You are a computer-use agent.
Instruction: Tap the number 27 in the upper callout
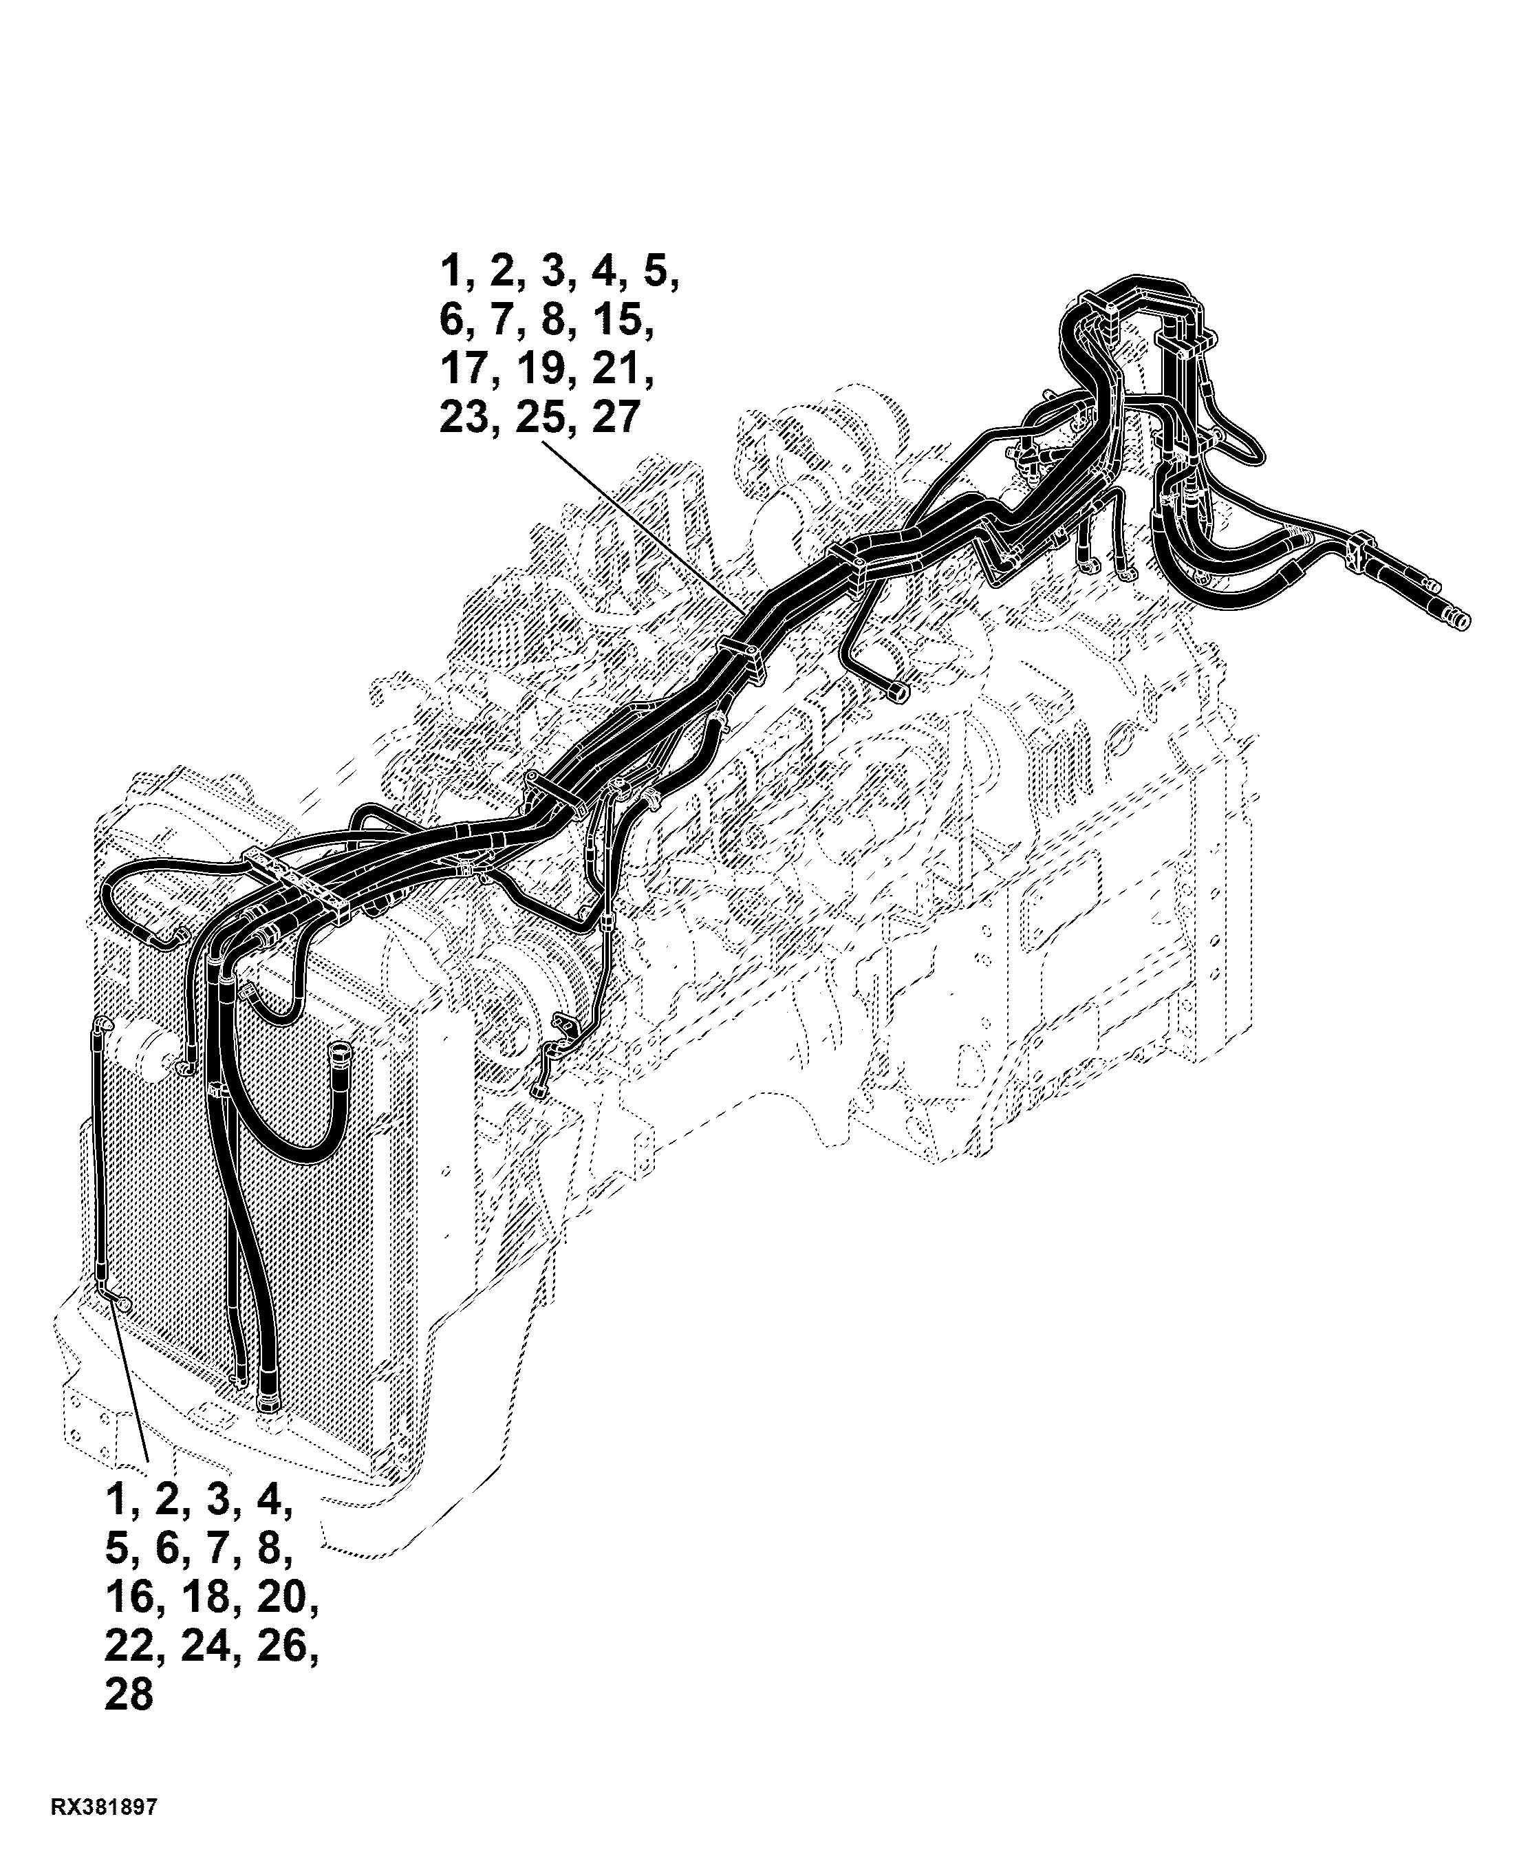click(614, 417)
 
